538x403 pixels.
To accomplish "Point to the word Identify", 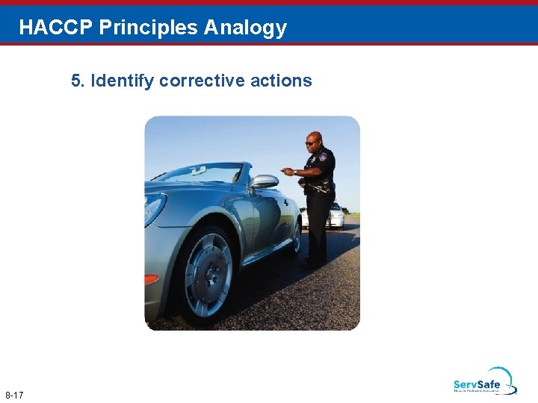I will tap(123, 81).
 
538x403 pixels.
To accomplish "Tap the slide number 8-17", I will tap(14, 394).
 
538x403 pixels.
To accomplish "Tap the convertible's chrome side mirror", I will tap(264, 181).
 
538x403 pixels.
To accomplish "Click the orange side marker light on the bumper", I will tap(151, 279).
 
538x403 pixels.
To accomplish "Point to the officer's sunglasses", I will tap(311, 143).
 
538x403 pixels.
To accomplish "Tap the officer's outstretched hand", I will tap(287, 172).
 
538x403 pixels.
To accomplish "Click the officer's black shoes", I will tap(312, 263).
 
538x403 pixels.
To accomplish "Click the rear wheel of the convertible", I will tap(296, 239).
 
